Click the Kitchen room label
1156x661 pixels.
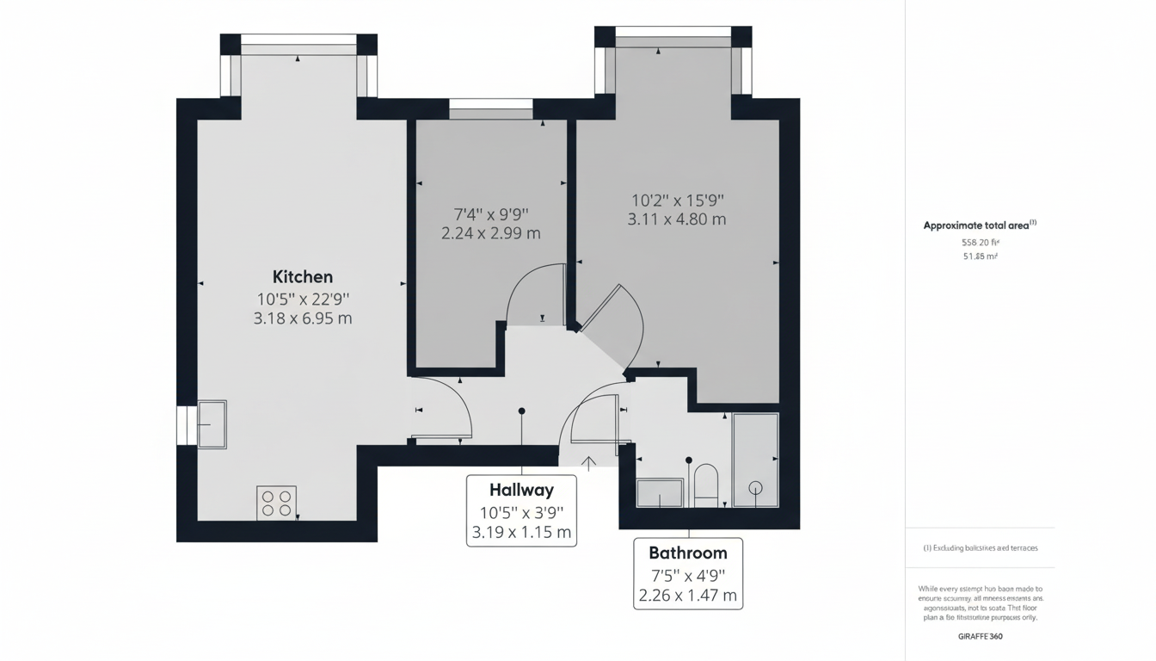pos(302,277)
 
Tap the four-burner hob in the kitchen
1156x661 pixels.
pos(277,503)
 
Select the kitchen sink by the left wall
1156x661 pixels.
pos(212,423)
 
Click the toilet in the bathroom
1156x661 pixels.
pos(705,485)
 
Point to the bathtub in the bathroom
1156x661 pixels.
pos(755,460)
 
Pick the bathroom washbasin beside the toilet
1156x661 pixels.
pos(660,493)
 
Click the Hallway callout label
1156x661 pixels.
pos(521,491)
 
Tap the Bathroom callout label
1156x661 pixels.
pos(687,553)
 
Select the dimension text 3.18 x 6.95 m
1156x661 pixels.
pos(302,318)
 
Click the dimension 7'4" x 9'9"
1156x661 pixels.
pos(490,213)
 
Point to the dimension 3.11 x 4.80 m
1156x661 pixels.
pos(677,219)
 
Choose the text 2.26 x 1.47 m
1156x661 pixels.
pos(687,595)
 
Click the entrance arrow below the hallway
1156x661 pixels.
pos(588,464)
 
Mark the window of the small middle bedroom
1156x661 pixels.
pos(491,104)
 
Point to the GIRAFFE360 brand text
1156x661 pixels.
pos(980,637)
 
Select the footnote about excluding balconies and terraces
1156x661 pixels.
pos(980,548)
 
